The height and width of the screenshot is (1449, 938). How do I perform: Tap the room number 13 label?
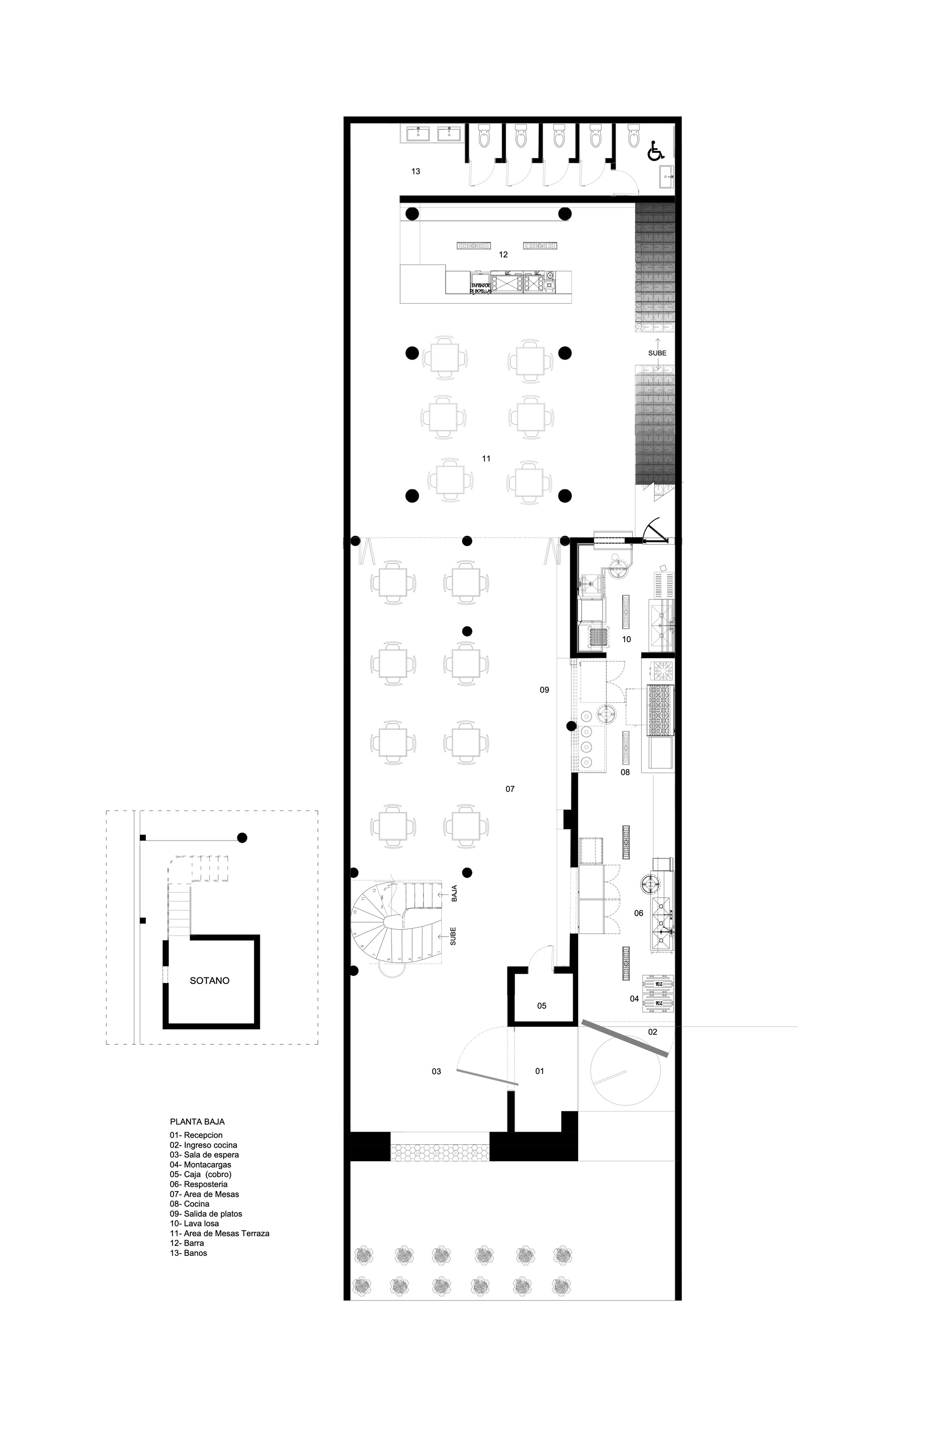[416, 172]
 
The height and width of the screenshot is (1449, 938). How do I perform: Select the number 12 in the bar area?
[503, 255]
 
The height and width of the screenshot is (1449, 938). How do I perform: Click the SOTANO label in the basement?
[210, 981]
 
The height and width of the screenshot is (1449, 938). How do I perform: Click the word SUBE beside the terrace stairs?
[657, 353]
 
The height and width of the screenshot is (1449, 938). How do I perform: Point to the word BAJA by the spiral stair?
[454, 894]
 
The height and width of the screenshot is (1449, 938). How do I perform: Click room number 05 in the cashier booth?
[542, 1006]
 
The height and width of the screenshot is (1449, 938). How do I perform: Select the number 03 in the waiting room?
[436, 1072]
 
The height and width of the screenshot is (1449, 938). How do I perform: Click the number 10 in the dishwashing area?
[627, 639]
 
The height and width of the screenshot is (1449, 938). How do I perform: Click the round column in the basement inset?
[242, 838]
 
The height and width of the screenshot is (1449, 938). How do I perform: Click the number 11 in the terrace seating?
[486, 458]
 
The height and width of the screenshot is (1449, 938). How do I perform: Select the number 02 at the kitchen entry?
[652, 1032]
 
